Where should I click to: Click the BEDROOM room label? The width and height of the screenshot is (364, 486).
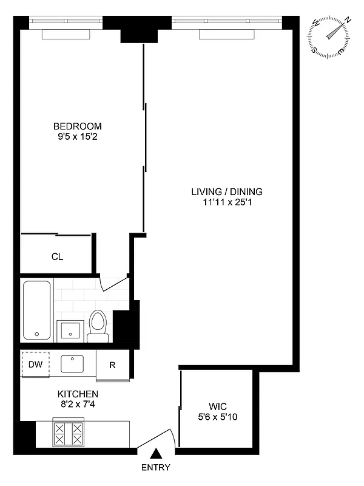point(77,126)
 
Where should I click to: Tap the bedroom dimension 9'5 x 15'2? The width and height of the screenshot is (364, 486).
point(77,137)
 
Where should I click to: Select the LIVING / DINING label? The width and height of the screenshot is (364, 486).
point(227,192)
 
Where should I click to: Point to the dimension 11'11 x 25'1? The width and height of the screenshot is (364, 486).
point(227,202)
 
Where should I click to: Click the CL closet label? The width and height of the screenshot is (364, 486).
point(57,257)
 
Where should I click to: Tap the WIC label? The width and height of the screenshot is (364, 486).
point(217,406)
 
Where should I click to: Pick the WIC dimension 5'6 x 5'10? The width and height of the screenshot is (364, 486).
point(217,417)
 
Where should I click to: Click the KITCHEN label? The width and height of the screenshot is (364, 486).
point(78,394)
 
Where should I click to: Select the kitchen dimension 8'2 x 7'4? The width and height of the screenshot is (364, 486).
point(78,405)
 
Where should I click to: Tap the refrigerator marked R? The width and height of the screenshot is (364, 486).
point(112,366)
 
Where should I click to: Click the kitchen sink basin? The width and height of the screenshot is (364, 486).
point(72,363)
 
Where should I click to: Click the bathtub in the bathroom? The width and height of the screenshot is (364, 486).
point(38,310)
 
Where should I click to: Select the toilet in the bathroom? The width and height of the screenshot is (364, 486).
point(98,325)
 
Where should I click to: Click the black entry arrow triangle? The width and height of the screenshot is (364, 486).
point(156,453)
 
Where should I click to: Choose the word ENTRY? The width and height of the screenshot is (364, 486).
point(156,468)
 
